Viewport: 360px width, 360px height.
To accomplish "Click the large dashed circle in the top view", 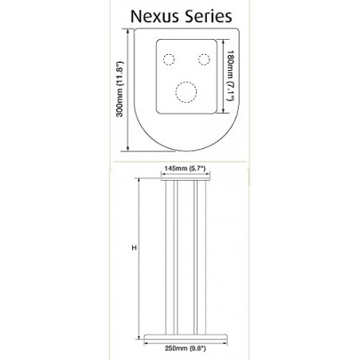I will coord(185,93).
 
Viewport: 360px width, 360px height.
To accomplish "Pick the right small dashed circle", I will coord(203,59).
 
